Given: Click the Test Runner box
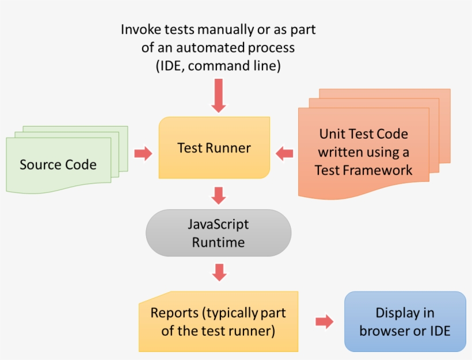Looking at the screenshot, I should (x=214, y=148).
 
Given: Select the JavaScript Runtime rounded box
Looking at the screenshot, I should (x=218, y=233).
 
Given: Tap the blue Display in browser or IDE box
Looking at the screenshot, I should (x=405, y=321).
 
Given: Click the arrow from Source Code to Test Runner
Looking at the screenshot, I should (x=143, y=153).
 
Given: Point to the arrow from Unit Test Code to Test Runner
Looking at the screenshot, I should (x=284, y=153).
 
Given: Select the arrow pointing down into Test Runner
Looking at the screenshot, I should (x=219, y=95).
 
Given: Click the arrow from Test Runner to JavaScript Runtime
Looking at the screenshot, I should (x=218, y=195).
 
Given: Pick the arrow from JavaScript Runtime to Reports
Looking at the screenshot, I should (x=218, y=273).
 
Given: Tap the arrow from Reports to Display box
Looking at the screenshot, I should (x=325, y=321).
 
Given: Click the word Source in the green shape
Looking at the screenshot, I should (x=39, y=165).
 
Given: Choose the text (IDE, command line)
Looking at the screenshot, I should (x=218, y=66).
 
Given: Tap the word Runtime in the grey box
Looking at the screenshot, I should (x=218, y=242).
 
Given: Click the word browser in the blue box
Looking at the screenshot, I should (x=382, y=331).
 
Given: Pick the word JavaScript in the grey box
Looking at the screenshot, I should (x=218, y=224).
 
